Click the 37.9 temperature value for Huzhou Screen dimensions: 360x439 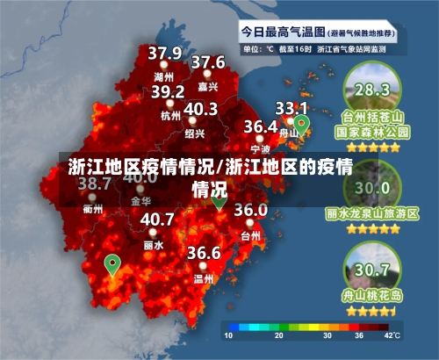pos(164,54)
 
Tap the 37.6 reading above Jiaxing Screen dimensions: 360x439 pos(208,62)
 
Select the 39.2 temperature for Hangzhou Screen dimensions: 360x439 pos(167,91)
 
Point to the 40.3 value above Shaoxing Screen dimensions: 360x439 pos(200,109)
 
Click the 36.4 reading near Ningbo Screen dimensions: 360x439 pos(261,126)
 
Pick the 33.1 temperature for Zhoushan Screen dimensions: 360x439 pos(291,107)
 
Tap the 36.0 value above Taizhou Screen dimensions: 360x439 pos(250,210)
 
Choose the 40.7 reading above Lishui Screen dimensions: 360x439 pos(157,219)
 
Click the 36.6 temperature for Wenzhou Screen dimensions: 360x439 pos(204,253)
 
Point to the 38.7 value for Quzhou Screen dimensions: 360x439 pos(94,184)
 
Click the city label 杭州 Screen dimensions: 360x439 pos(169,114)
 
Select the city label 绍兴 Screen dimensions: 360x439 pos(195,133)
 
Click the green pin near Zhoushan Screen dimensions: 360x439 pos(302,125)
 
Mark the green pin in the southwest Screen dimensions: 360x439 pos(112,263)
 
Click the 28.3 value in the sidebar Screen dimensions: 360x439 pos(371,89)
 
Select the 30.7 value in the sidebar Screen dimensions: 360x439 pos(372,269)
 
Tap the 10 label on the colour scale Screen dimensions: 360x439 pos(228,335)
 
